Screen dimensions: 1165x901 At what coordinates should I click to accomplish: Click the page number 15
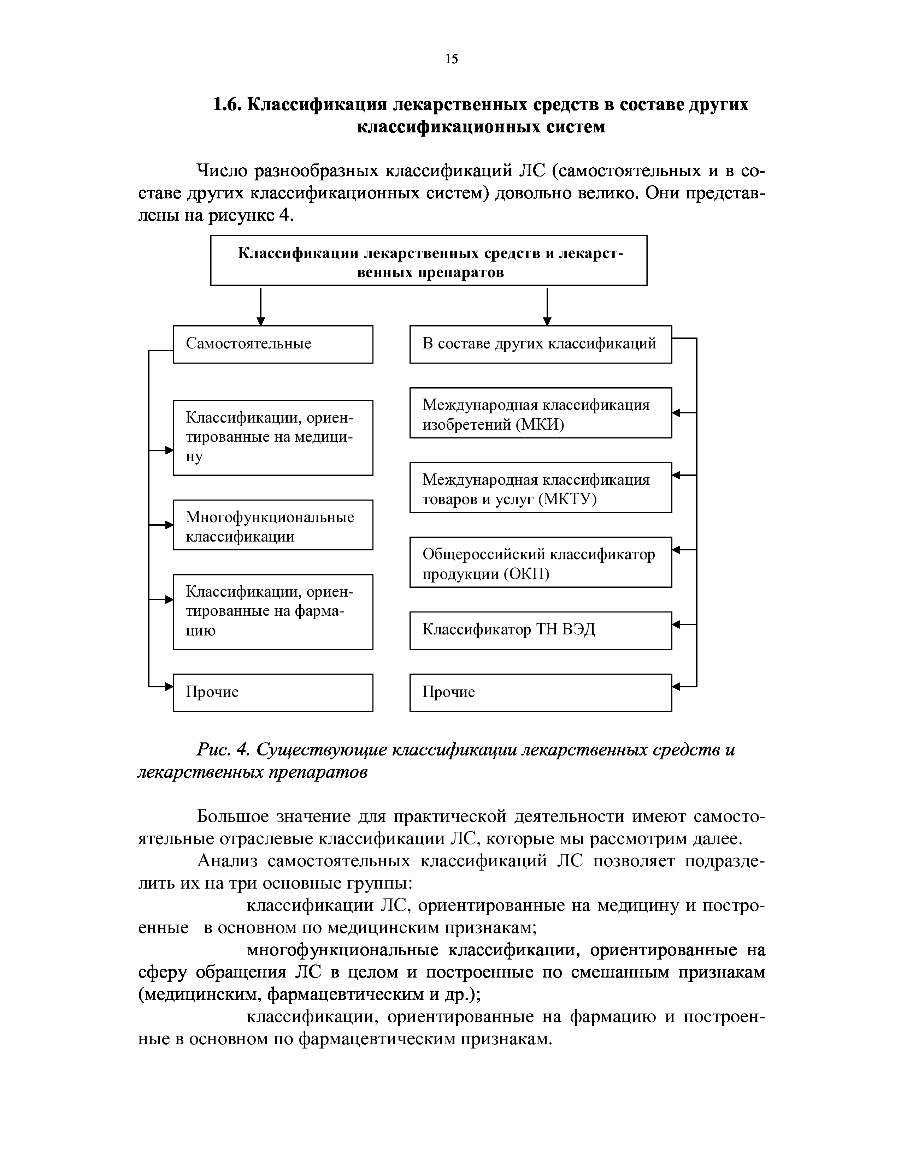(451, 59)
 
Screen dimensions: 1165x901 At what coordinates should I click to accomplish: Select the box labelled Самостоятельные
(273, 344)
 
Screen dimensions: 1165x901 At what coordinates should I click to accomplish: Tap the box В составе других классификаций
(540, 344)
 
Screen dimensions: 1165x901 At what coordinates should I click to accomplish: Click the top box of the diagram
(429, 260)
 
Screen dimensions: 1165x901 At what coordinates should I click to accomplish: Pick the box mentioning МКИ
(540, 413)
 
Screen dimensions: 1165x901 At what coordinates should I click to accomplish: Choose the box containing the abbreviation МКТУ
(540, 488)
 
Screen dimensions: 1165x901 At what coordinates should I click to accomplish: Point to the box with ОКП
(540, 562)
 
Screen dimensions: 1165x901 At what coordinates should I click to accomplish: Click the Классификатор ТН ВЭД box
(540, 631)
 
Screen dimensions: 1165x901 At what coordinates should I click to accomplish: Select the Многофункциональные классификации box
(273, 525)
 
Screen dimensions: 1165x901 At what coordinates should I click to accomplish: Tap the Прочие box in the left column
(273, 692)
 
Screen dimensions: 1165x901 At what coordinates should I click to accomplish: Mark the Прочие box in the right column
(540, 692)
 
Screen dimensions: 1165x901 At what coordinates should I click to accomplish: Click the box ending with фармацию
(273, 612)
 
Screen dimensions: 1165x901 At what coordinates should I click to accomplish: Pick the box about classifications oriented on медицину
(273, 437)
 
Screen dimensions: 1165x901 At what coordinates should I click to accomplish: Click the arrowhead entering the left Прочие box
(169, 687)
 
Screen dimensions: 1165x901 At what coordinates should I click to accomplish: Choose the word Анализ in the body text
(228, 861)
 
